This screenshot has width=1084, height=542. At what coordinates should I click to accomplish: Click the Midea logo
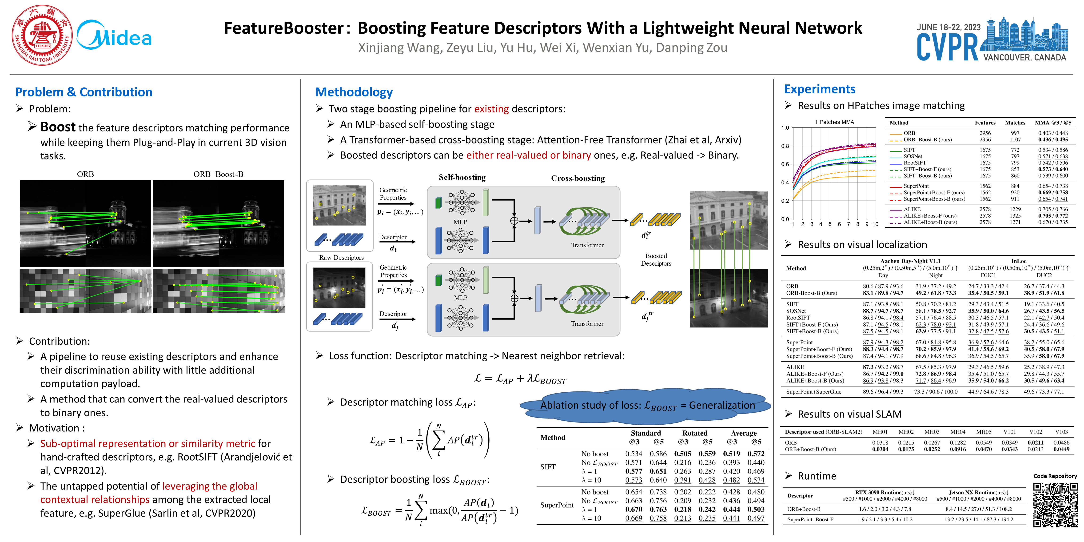click(115, 36)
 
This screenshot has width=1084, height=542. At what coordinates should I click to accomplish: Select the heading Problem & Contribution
click(84, 92)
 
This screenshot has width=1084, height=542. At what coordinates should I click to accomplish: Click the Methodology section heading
click(354, 92)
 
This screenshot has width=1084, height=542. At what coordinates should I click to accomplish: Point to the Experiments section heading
click(819, 89)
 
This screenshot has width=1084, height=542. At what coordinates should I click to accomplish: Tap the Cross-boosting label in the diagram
click(578, 178)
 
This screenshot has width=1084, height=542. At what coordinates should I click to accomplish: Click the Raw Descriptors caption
click(341, 258)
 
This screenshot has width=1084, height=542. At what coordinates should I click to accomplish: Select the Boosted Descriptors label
click(656, 260)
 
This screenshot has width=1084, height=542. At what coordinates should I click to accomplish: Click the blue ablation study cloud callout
click(645, 406)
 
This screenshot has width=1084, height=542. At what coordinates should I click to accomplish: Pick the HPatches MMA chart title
click(834, 122)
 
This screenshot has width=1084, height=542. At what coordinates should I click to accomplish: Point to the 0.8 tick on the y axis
click(785, 146)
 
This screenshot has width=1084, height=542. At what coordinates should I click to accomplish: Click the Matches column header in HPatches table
click(1015, 123)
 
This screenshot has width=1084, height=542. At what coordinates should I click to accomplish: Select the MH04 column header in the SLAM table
click(958, 432)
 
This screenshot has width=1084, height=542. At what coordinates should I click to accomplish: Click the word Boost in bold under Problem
click(58, 127)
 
